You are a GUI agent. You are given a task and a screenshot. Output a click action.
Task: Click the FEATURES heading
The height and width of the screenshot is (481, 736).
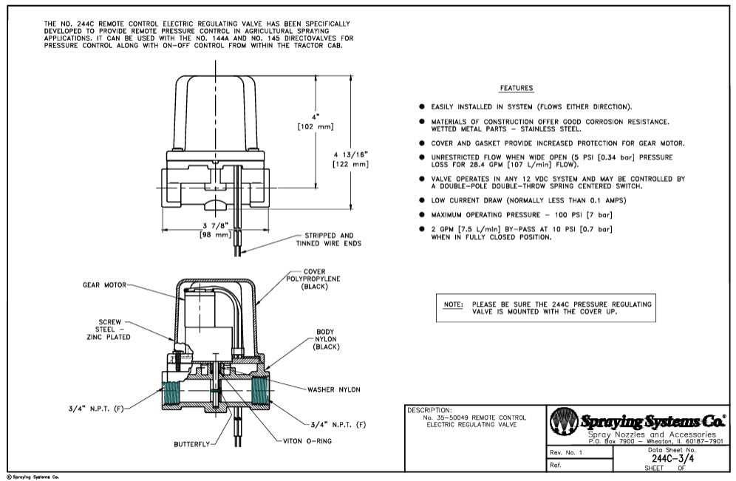click(516, 89)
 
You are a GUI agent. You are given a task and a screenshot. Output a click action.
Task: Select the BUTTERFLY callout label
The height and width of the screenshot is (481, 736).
click(191, 445)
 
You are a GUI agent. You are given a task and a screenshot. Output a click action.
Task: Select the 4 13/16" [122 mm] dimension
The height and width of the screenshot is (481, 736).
click(351, 159)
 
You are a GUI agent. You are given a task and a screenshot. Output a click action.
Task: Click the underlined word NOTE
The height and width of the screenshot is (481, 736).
click(452, 304)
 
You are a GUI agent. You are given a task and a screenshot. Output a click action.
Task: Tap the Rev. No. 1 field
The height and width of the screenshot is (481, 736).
click(567, 452)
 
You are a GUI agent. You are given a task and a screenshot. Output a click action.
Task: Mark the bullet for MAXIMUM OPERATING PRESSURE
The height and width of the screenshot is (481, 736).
click(422, 214)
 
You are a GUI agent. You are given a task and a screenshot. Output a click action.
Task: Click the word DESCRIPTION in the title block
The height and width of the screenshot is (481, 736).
click(429, 409)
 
